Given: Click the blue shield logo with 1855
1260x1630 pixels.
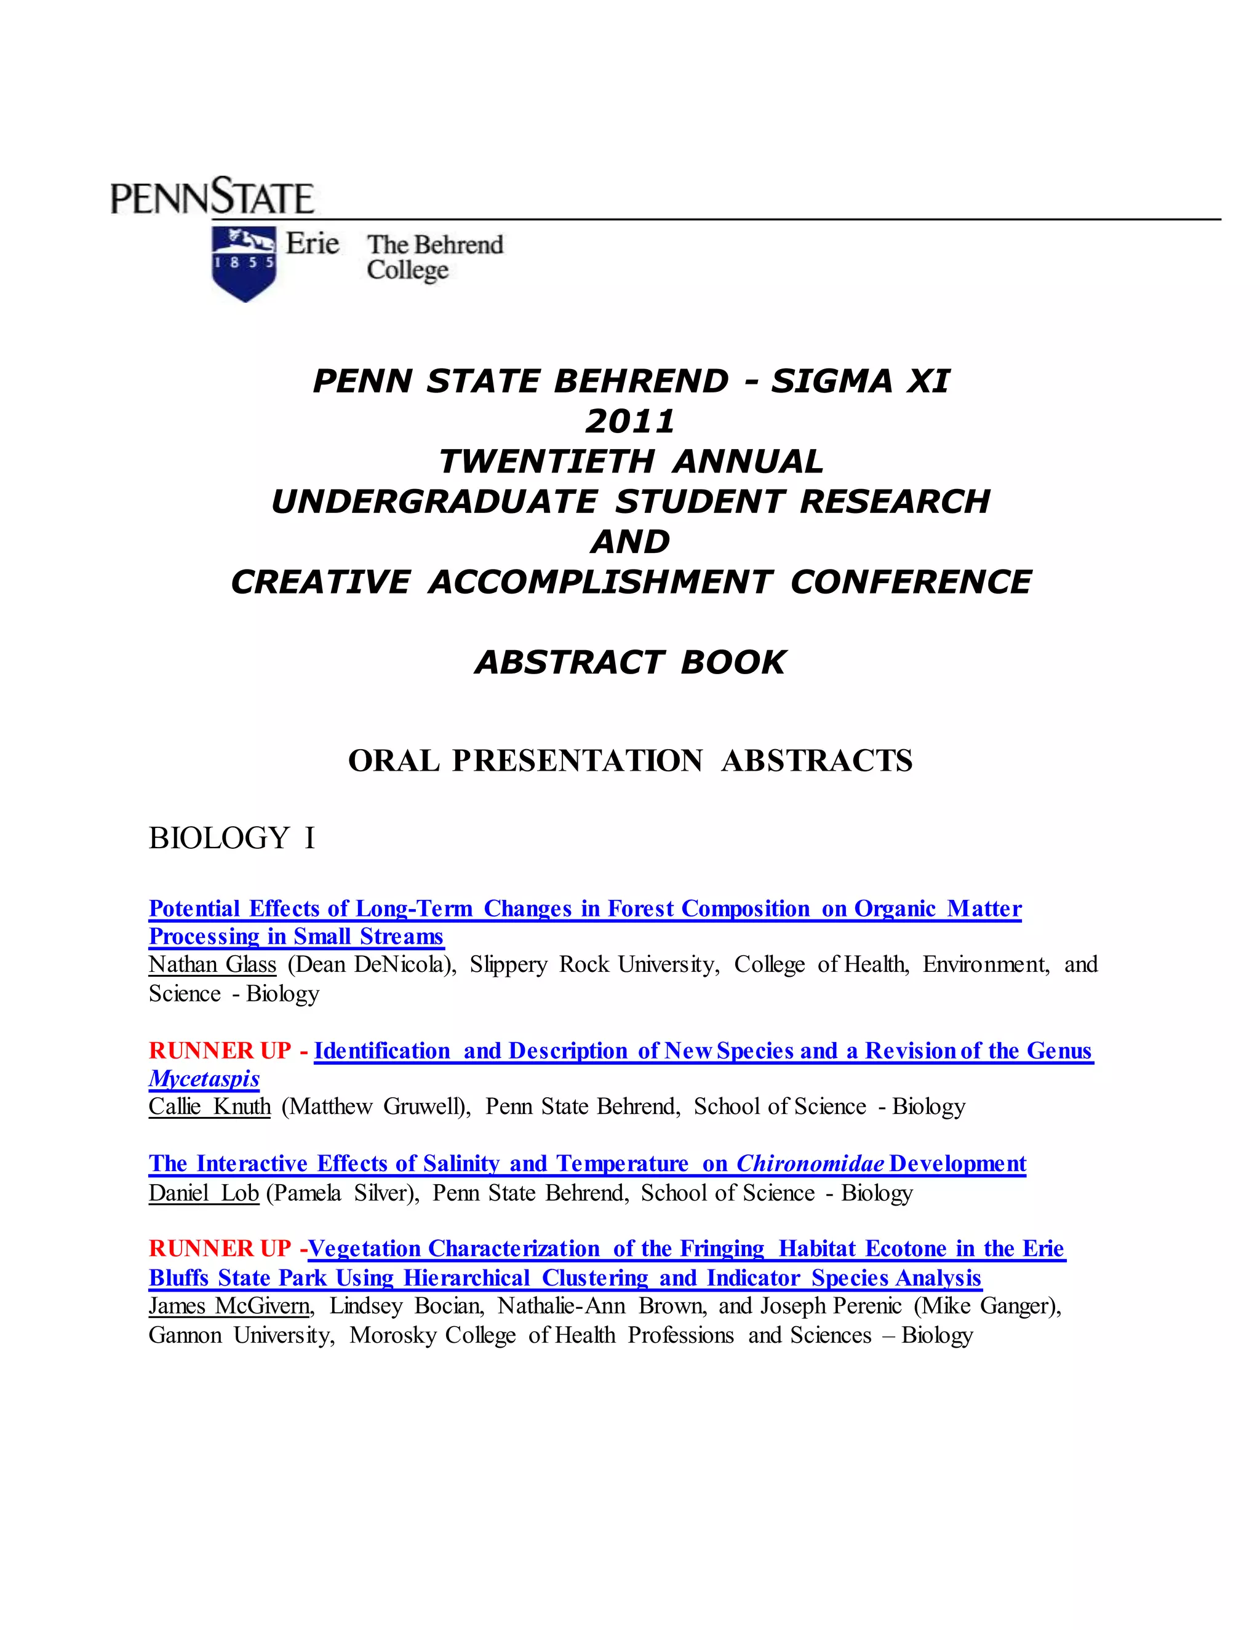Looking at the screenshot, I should tap(244, 263).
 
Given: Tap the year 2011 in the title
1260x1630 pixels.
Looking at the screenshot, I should tap(630, 422).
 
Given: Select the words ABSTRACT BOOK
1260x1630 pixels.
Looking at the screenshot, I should tap(630, 662).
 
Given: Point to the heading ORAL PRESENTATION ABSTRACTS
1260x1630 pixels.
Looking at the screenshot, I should tap(630, 760).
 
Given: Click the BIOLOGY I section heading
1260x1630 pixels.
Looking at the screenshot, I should tap(231, 838).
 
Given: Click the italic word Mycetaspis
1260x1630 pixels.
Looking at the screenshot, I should tap(204, 1078).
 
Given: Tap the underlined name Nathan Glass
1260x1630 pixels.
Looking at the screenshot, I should tap(212, 964).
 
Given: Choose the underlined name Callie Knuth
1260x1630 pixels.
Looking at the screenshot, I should tap(209, 1106).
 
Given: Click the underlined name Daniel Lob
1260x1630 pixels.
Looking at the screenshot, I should tap(203, 1193).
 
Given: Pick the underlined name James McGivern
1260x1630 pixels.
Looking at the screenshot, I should tap(228, 1305).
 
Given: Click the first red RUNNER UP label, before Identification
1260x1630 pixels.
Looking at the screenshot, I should tap(220, 1050).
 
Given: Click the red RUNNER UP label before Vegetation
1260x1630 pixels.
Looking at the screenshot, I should tap(220, 1249).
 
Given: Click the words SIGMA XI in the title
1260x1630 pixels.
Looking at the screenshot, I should tap(860, 381).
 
